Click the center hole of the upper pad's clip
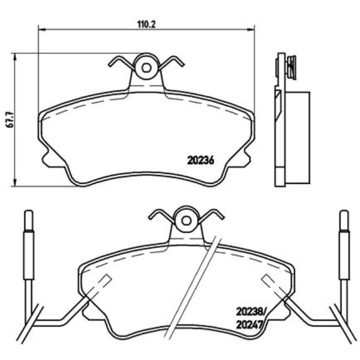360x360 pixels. point(146,68)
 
